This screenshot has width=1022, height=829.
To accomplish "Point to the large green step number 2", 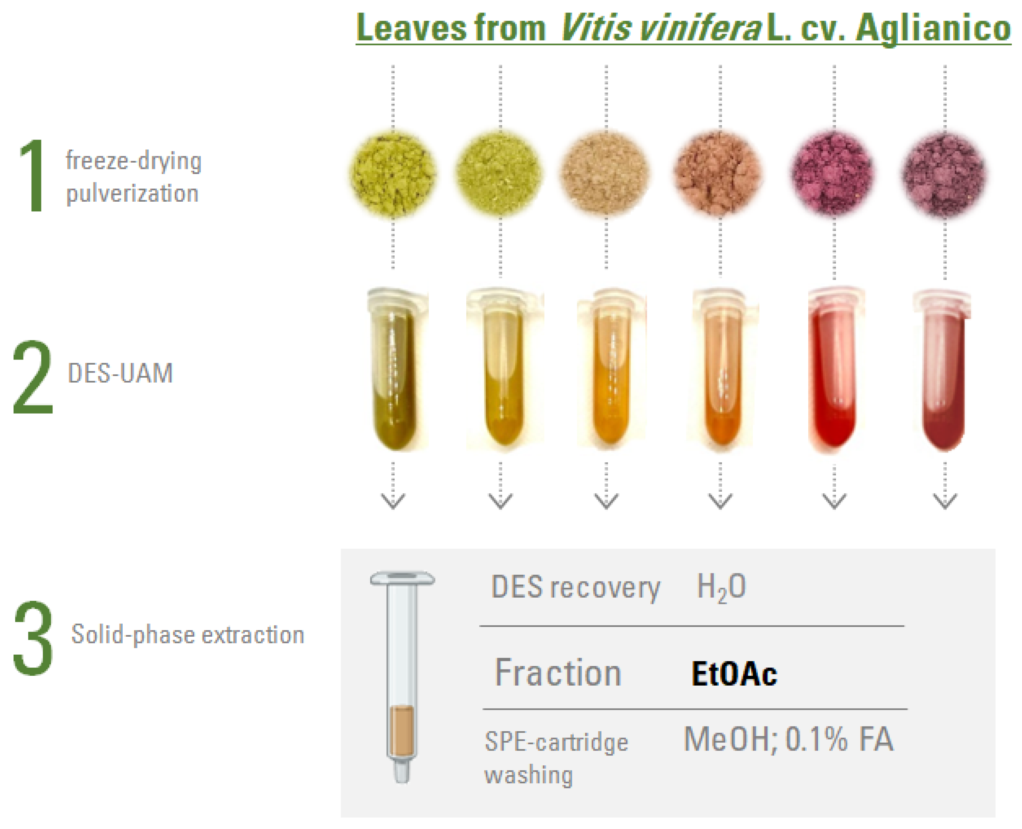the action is tap(32, 377).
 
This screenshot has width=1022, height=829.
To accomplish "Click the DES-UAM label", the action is tap(120, 373).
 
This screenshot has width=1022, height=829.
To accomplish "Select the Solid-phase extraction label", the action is tap(188, 635).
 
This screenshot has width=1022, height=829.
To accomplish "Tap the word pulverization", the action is tap(132, 194).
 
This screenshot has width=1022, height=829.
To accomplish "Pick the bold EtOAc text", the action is tap(734, 674).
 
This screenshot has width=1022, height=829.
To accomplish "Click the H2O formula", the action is tap(721, 587).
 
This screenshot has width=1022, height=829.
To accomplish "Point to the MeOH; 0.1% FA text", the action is tap(788, 740).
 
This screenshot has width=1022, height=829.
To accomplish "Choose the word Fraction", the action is tap(557, 673).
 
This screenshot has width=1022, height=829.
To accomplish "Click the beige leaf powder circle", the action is tap(605, 172).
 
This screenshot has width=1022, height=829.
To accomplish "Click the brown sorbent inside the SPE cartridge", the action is tap(402, 730).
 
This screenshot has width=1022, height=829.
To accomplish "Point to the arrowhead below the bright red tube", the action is tap(834, 501).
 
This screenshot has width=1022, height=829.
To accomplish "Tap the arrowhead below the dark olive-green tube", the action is tap(393, 501).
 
